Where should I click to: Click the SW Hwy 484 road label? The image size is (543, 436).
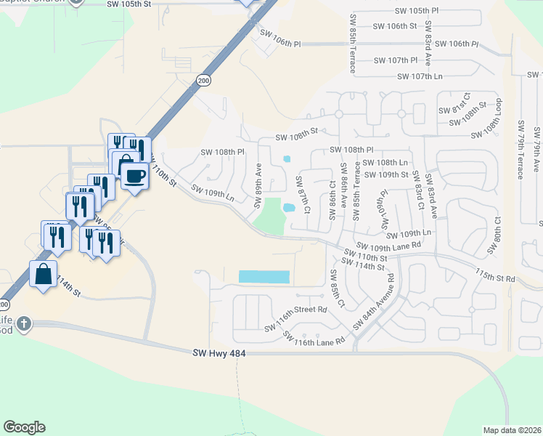221,353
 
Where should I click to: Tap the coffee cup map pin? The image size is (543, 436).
135,175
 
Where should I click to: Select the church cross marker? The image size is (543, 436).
23,323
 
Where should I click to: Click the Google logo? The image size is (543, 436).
24,427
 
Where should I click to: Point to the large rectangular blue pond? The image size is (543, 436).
264,277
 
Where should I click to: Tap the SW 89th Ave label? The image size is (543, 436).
258,185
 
